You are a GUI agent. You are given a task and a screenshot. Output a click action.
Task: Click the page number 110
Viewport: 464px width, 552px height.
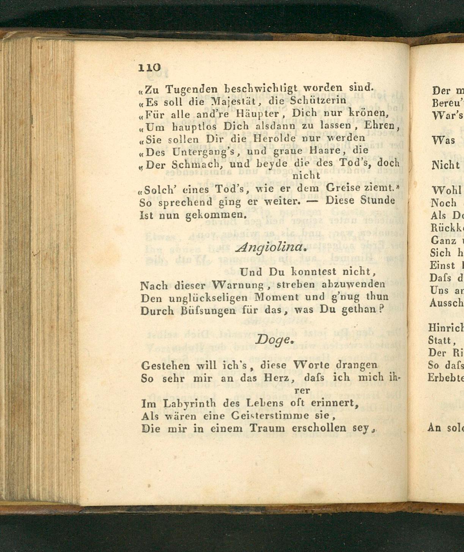(x=150, y=67)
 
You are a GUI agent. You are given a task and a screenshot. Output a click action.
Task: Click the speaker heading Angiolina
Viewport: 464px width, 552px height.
(x=271, y=247)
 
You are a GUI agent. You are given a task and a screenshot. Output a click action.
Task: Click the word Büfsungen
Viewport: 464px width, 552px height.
(x=208, y=311)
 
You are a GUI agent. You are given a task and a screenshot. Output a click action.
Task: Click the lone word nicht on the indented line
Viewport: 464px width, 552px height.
(x=306, y=176)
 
